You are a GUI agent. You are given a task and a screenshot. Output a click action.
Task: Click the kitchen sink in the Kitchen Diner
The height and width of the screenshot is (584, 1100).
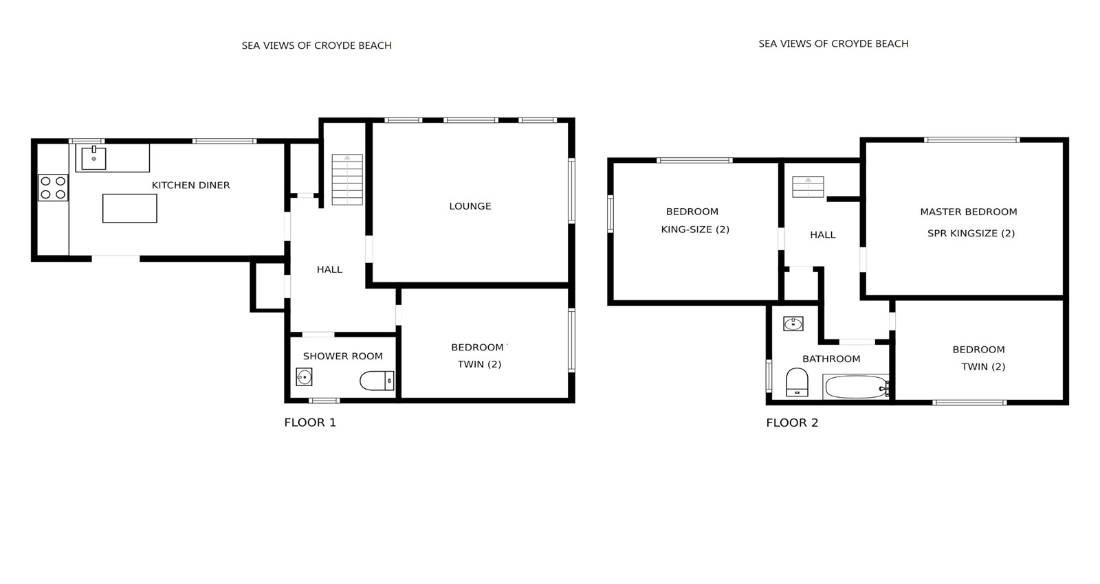pos(93,157)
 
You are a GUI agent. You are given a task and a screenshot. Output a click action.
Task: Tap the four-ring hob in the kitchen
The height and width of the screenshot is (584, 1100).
pos(53,188)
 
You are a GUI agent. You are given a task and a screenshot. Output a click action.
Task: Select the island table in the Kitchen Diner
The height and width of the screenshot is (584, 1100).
pos(130,208)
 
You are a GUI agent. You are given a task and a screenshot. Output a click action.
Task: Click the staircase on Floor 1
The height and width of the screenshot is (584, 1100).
pos(347,179)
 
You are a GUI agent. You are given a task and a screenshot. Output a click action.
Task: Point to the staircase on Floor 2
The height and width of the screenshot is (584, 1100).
pos(808,187)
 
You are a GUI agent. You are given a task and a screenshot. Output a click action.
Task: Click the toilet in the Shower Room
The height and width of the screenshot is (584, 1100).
pos(377,381)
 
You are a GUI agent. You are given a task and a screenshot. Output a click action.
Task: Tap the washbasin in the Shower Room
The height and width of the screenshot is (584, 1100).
pos(304,377)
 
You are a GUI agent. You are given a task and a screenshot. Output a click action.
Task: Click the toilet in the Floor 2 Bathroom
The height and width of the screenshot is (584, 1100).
pos(797,382)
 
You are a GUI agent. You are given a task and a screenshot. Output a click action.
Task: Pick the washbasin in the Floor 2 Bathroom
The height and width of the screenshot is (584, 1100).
pos(793,324)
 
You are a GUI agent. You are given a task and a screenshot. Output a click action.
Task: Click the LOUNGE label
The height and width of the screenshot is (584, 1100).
pos(470,206)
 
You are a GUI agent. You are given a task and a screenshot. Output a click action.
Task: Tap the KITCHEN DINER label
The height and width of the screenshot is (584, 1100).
pos(190,185)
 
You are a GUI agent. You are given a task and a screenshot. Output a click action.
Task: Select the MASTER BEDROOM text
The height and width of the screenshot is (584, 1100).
pos(969,212)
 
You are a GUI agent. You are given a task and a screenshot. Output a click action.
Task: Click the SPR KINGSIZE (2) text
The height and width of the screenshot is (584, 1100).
pos(971,233)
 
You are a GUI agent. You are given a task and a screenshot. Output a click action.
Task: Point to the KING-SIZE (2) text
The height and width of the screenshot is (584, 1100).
pos(695,229)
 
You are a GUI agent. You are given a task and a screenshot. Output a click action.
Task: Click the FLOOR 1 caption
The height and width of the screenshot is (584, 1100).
pos(310,423)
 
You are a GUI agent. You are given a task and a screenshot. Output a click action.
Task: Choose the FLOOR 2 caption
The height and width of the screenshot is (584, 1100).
pos(792,423)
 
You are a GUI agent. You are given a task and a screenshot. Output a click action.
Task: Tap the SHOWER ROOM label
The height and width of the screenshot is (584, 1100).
pos(343,356)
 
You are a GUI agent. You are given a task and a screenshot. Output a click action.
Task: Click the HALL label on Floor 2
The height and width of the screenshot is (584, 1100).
pos(822,234)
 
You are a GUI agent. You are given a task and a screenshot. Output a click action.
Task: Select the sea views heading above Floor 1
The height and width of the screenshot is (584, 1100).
pos(316,45)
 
